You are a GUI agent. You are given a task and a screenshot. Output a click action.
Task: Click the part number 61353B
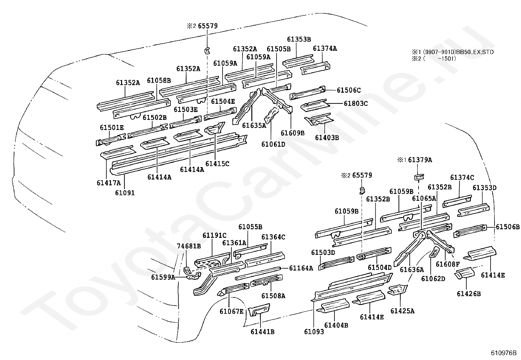point(299,39)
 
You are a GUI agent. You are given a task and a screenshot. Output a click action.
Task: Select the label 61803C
point(356,103)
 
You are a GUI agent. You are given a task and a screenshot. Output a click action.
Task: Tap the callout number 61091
point(125,193)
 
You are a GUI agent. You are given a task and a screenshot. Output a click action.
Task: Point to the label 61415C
point(217,164)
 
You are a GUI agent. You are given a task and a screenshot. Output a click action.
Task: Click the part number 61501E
point(112,128)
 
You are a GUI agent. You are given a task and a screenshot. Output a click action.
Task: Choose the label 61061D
point(273,144)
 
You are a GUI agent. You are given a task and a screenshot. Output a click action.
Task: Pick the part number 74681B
point(189,246)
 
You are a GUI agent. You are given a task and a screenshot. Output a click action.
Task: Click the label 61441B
point(262,332)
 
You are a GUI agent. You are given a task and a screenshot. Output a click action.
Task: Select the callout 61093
point(314,332)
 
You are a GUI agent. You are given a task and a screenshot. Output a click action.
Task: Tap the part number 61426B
point(469,294)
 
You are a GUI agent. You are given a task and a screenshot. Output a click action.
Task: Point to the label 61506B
point(508,227)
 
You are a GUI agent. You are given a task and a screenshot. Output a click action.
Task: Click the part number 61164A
point(301,268)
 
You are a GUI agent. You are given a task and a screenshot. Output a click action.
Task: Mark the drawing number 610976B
point(504,353)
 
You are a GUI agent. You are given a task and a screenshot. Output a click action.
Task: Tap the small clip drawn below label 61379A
point(419,178)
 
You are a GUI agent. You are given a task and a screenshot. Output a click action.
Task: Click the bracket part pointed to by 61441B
point(259,310)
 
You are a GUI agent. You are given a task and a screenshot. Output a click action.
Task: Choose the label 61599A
point(163,277)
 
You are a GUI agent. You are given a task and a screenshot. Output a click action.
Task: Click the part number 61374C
point(462,178)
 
